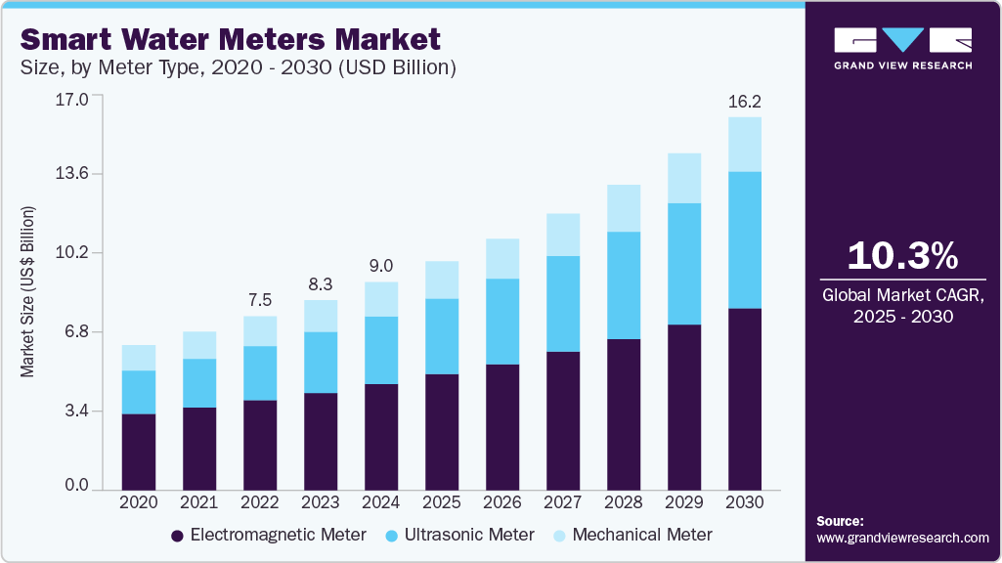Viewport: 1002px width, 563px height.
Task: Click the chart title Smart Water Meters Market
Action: [x=231, y=39]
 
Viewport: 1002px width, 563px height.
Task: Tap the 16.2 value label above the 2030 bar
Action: [x=745, y=101]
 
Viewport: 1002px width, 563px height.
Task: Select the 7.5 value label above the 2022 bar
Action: [x=260, y=300]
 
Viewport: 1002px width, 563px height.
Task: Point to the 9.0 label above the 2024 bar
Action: [x=381, y=266]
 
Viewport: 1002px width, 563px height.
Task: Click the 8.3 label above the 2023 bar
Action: [x=321, y=283]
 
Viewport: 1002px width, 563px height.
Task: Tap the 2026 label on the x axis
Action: [x=502, y=501]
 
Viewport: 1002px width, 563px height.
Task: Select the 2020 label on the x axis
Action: [x=139, y=501]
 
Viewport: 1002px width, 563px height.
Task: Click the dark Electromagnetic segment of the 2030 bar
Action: [x=745, y=399]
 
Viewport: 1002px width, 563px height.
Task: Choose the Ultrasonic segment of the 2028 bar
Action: [x=624, y=285]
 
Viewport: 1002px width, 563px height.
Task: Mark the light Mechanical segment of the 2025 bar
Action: [x=442, y=280]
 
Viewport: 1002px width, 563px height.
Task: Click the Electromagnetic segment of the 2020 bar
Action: [x=139, y=451]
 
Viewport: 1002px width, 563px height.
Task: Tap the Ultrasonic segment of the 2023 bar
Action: [x=321, y=363]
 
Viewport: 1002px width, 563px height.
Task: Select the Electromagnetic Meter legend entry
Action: [x=269, y=535]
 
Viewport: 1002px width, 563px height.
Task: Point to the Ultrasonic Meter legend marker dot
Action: [x=392, y=536]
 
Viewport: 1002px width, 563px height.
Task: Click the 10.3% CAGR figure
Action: [x=902, y=256]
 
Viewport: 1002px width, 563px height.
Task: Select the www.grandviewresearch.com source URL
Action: [x=902, y=538]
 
